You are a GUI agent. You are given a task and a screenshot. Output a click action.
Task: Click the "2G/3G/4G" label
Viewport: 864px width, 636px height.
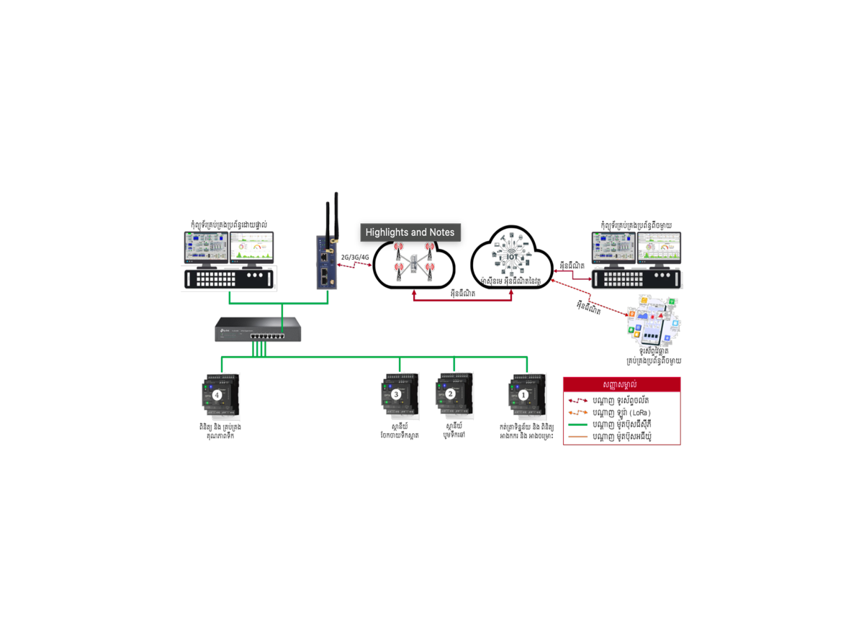point(355,256)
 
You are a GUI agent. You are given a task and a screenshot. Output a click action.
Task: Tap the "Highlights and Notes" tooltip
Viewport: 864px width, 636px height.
point(410,232)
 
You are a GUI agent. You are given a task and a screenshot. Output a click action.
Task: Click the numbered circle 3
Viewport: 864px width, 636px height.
point(396,394)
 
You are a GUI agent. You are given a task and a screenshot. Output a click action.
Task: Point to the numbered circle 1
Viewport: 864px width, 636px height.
point(523,394)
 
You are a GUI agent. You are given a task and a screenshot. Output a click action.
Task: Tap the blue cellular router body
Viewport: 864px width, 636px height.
point(325,263)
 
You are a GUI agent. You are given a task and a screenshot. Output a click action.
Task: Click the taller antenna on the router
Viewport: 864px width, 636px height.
point(336,216)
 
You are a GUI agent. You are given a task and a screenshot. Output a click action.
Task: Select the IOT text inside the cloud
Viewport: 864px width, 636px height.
point(512,256)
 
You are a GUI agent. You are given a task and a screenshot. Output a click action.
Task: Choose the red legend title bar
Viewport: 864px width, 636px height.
point(621,385)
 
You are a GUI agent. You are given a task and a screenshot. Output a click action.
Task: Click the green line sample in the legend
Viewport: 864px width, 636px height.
point(578,424)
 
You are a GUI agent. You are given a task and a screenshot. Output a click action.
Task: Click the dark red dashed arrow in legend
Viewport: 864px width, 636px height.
point(578,401)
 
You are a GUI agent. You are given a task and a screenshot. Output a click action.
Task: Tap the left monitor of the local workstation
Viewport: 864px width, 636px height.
point(205,249)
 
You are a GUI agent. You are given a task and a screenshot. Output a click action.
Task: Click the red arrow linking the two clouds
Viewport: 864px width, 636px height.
point(462,299)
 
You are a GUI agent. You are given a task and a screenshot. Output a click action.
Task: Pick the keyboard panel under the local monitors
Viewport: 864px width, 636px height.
point(230,278)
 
